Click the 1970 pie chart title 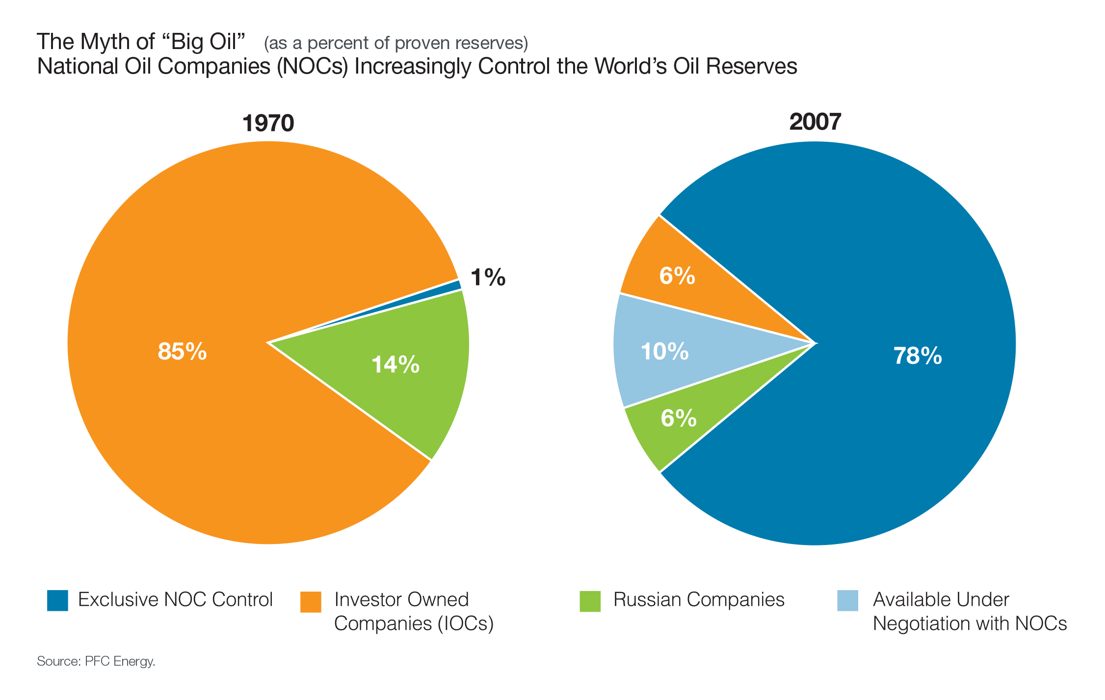coord(268,123)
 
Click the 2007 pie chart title coord(815,122)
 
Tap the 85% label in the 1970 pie coord(182,351)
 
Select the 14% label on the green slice coord(395,364)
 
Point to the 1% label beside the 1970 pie coord(488,278)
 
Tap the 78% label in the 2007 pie coord(918,356)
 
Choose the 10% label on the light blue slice coord(665,351)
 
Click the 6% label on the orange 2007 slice coord(677,276)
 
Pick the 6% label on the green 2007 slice coord(679,418)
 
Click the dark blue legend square coord(57,600)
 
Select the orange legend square coord(311,602)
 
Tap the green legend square coord(590,601)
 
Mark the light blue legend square coord(847,601)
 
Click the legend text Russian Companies coord(699,600)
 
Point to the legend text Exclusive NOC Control coord(175,600)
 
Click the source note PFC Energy coord(96,661)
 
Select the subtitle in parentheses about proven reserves coord(395,44)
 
